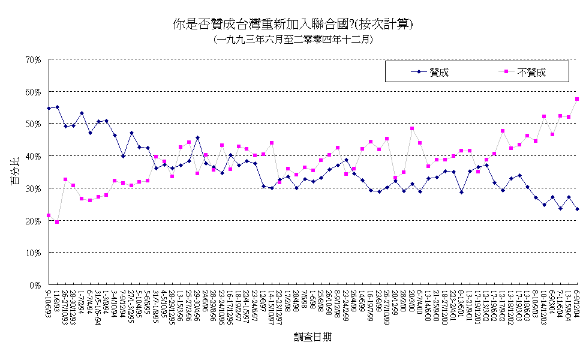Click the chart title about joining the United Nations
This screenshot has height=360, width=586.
(x=293, y=25)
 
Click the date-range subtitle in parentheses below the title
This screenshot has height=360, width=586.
(x=293, y=40)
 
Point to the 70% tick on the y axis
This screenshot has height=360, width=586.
(x=33, y=59)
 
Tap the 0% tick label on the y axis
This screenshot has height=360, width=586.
(x=35, y=286)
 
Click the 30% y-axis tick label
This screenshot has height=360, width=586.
(x=33, y=188)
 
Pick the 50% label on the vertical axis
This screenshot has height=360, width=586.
(x=33, y=124)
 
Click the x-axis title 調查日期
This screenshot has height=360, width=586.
(x=313, y=337)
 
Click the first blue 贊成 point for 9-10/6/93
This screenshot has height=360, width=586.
(x=49, y=108)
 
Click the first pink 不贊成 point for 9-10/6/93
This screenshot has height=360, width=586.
(x=49, y=215)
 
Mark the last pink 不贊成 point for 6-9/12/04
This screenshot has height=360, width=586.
(x=577, y=99)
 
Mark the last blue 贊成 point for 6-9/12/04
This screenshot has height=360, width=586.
(x=577, y=209)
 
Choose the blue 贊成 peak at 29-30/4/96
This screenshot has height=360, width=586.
(x=197, y=137)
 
